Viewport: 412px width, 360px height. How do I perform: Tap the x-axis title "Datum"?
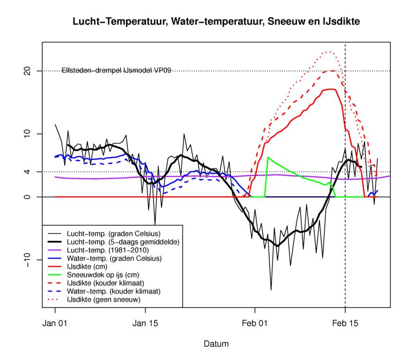tap(216, 343)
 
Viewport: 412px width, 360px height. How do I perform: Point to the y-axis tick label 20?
tap(27, 71)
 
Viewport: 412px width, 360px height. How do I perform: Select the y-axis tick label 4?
tap(27, 172)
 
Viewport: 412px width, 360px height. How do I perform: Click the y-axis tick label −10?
tap(27, 260)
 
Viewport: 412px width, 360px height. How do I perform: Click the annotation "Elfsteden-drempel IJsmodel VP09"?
tap(116, 71)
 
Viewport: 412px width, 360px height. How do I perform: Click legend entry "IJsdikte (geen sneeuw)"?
tap(105, 299)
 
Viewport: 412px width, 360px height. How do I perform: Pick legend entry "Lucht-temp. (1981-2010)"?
tap(108, 250)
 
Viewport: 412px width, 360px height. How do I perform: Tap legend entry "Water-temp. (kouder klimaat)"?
tap(114, 291)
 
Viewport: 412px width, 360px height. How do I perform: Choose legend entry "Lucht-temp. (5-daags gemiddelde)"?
tap(117, 242)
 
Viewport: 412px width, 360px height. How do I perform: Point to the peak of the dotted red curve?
tap(328, 52)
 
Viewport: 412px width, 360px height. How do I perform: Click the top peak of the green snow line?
tap(268, 157)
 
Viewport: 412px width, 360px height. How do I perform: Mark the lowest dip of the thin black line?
tap(271, 290)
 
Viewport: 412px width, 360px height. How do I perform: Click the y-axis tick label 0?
tap(27, 197)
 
